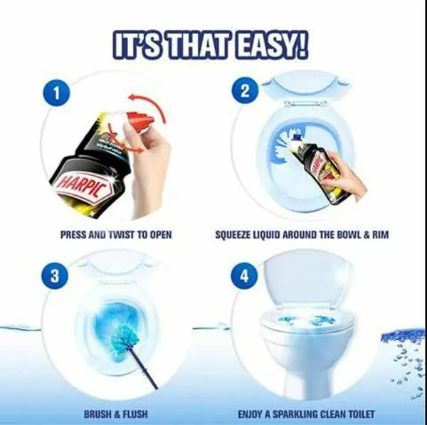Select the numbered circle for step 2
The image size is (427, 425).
(x=244, y=92)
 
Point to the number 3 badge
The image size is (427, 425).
(x=54, y=276)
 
